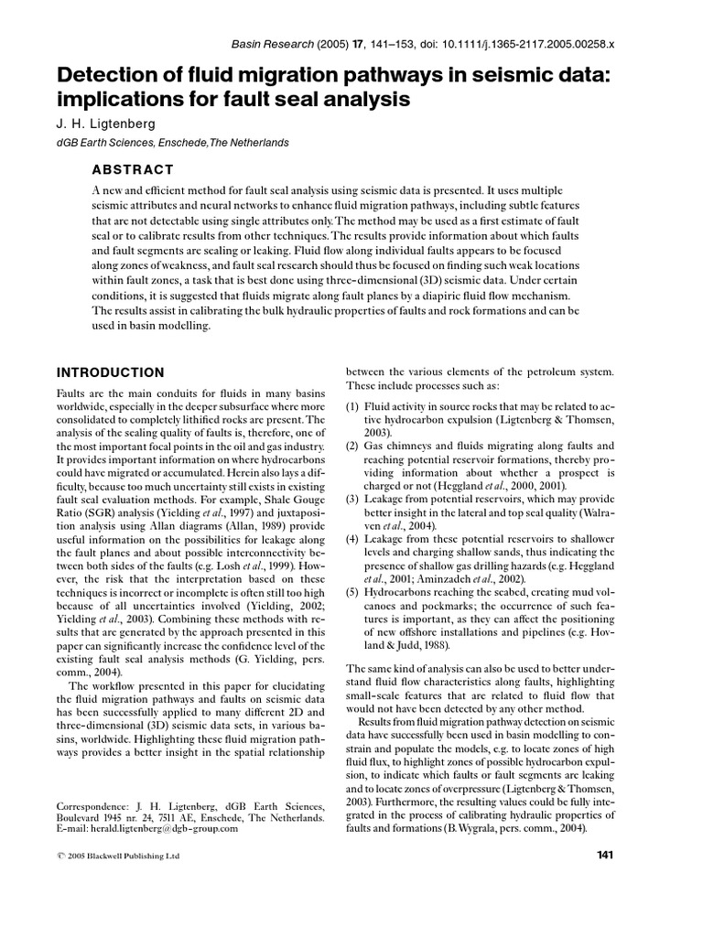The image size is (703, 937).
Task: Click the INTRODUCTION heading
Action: (x=111, y=372)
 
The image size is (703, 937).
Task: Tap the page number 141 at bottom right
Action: (x=604, y=855)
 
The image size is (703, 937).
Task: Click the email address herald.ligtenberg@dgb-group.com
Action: (x=164, y=829)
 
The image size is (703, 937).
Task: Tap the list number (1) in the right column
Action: (x=351, y=405)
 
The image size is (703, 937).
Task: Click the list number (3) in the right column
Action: (x=351, y=500)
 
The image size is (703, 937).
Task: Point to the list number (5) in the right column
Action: (x=351, y=594)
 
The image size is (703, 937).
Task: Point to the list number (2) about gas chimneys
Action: (x=351, y=446)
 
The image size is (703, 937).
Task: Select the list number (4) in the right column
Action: (x=351, y=541)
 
